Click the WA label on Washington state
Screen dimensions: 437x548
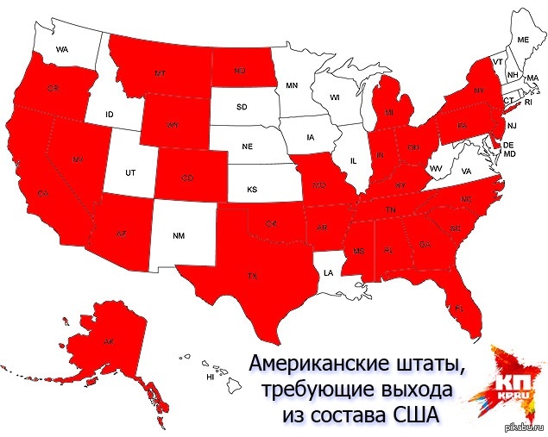point(62,49)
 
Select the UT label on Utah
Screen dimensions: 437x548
point(130,172)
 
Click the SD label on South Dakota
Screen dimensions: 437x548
point(242,109)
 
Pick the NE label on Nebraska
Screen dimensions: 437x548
point(247,147)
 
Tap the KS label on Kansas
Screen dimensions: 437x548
point(252,188)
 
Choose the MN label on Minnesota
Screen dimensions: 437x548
point(292,85)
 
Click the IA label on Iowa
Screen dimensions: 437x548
point(309,134)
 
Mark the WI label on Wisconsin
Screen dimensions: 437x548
point(334,97)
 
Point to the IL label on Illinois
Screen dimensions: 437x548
point(353,160)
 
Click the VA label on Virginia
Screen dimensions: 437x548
point(466,172)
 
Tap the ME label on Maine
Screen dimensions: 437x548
point(522,40)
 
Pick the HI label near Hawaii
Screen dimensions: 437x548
point(210,378)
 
